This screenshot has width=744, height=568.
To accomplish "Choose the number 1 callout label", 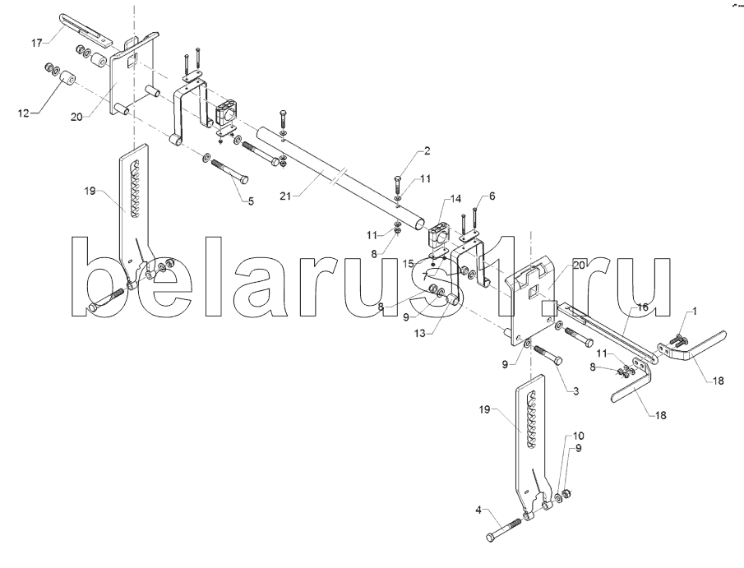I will click(x=695, y=312).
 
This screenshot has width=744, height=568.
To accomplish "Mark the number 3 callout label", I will click(x=575, y=392).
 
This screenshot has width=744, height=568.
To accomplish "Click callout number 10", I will click(x=578, y=436).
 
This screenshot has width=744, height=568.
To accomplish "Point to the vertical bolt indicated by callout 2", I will click(x=397, y=183).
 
